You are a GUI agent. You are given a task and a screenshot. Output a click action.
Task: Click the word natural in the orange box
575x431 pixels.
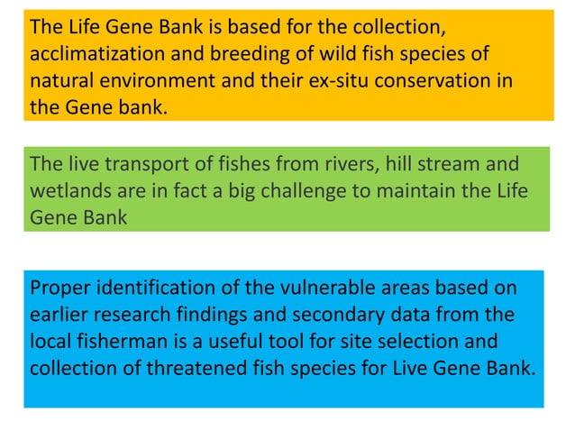tap(59, 81)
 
